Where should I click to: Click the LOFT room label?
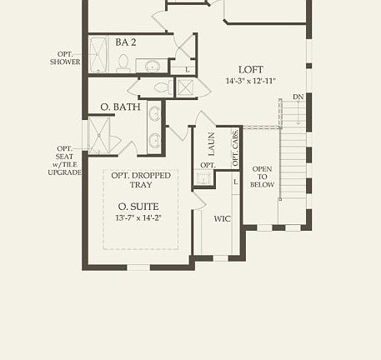(x=251, y=69)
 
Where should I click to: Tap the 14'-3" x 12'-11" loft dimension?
(x=251, y=81)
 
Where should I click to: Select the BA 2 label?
(x=127, y=42)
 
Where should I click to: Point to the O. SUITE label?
(x=139, y=206)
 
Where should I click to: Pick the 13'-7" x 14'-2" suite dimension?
(x=139, y=217)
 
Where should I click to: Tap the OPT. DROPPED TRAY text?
(x=141, y=181)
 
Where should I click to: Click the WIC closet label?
(x=223, y=219)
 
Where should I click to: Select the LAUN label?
(x=212, y=147)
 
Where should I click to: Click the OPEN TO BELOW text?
(x=263, y=177)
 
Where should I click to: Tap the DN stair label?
(x=298, y=97)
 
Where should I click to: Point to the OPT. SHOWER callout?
(x=65, y=57)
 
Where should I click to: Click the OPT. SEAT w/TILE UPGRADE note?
(x=64, y=160)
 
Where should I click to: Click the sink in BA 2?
(x=153, y=65)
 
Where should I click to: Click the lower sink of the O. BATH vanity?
(x=155, y=138)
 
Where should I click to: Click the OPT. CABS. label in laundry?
(x=236, y=143)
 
